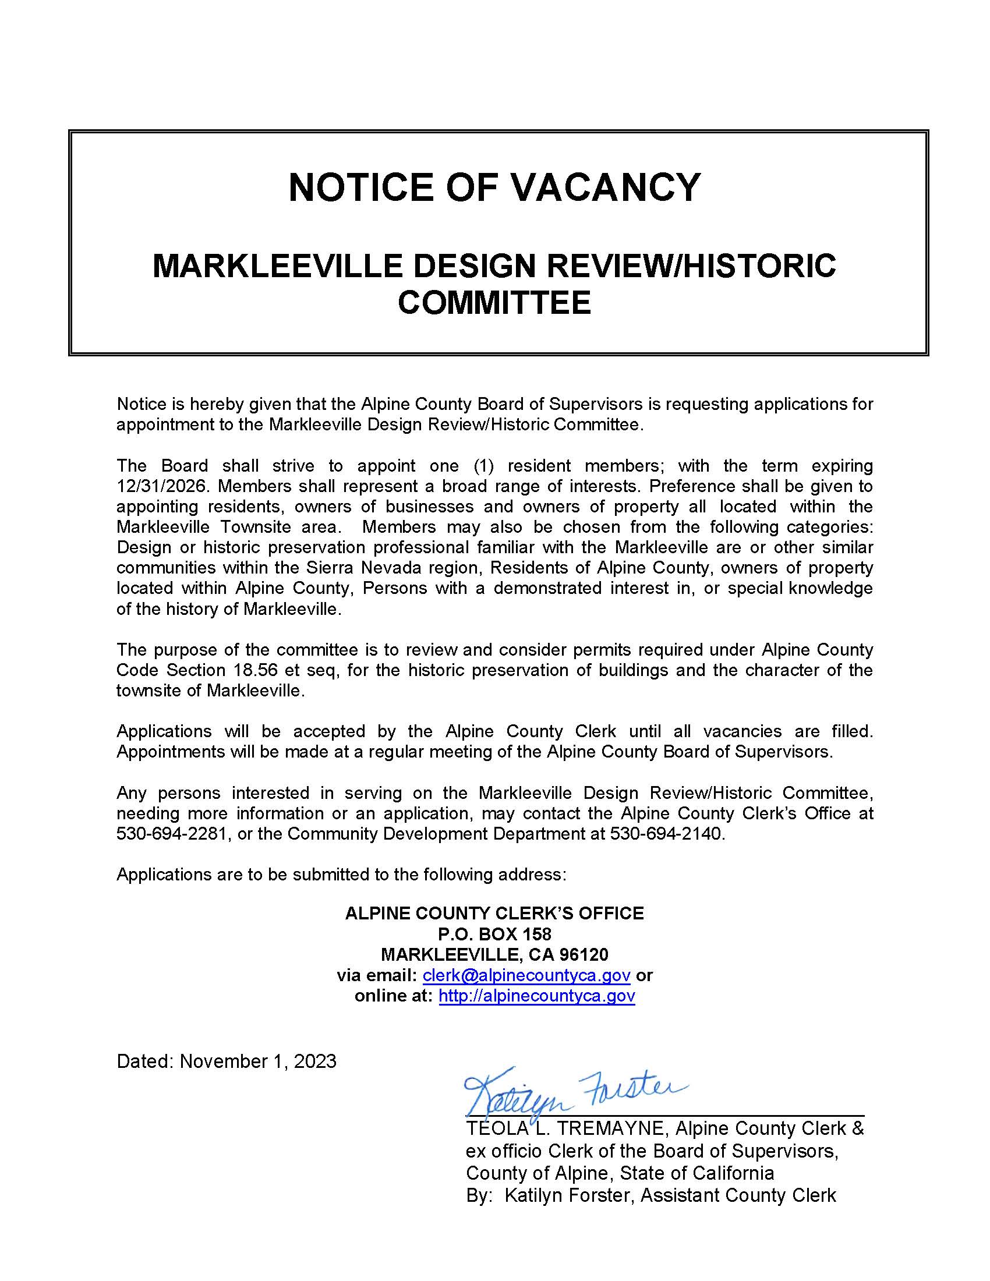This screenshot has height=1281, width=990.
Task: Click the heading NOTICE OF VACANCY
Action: pos(494,187)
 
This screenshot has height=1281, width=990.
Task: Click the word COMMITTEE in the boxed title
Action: pos(494,303)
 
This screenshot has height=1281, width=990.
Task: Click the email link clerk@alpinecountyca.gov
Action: pos(526,975)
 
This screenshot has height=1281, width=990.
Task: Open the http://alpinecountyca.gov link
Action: pos(537,996)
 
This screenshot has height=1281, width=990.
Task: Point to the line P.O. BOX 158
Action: pos(494,934)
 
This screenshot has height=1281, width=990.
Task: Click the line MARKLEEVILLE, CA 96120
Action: pos(494,954)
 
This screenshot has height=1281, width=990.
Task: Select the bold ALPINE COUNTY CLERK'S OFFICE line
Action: pos(494,913)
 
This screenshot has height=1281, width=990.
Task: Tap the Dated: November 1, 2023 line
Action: pos(227,1061)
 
